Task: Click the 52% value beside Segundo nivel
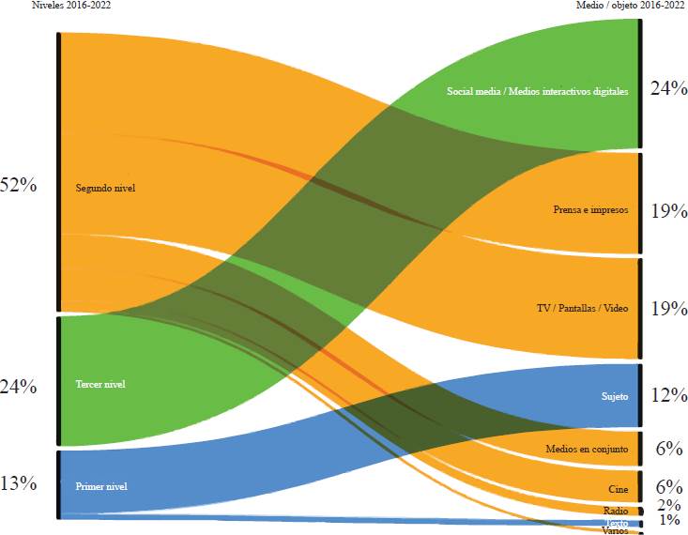(x=19, y=185)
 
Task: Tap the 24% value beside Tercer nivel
(x=19, y=386)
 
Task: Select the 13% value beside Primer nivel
(x=19, y=483)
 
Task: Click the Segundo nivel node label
(x=105, y=188)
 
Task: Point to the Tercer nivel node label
(x=100, y=384)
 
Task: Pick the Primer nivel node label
(x=100, y=486)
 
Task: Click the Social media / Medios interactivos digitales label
(x=538, y=91)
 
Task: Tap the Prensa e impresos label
(x=590, y=209)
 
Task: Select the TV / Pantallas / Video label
(x=582, y=308)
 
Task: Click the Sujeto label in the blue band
(x=615, y=396)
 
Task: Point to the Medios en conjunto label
(x=587, y=450)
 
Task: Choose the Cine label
(x=618, y=490)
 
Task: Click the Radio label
(x=615, y=511)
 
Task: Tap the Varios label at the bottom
(x=615, y=530)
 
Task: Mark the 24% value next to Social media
(x=669, y=88)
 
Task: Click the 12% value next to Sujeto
(x=669, y=395)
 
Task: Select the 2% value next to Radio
(x=669, y=505)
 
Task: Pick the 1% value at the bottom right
(x=669, y=520)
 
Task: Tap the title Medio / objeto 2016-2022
(x=632, y=5)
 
